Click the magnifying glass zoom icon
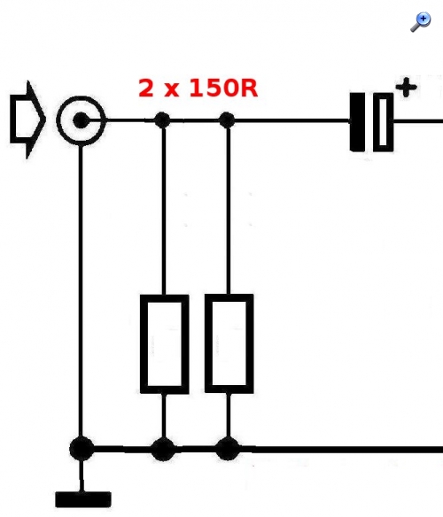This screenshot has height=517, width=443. point(421,22)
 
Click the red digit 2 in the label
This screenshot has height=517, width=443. point(146,88)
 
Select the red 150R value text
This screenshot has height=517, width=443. point(223,88)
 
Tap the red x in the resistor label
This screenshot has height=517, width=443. point(172,90)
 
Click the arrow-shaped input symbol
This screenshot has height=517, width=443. point(27,120)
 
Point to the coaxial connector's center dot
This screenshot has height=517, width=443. point(81,120)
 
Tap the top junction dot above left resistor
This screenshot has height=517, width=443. point(162,120)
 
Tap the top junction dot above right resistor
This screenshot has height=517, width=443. point(227,120)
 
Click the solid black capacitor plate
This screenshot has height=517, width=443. point(358,122)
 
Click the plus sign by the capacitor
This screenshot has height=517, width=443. point(406,88)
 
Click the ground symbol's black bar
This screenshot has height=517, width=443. point(83,499)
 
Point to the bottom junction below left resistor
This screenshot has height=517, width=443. point(163,449)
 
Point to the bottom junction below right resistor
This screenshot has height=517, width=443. point(228,449)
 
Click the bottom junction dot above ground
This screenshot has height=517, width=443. point(82,449)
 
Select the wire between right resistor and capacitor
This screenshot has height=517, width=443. point(292,120)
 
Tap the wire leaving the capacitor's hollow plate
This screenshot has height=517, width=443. point(418,121)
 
